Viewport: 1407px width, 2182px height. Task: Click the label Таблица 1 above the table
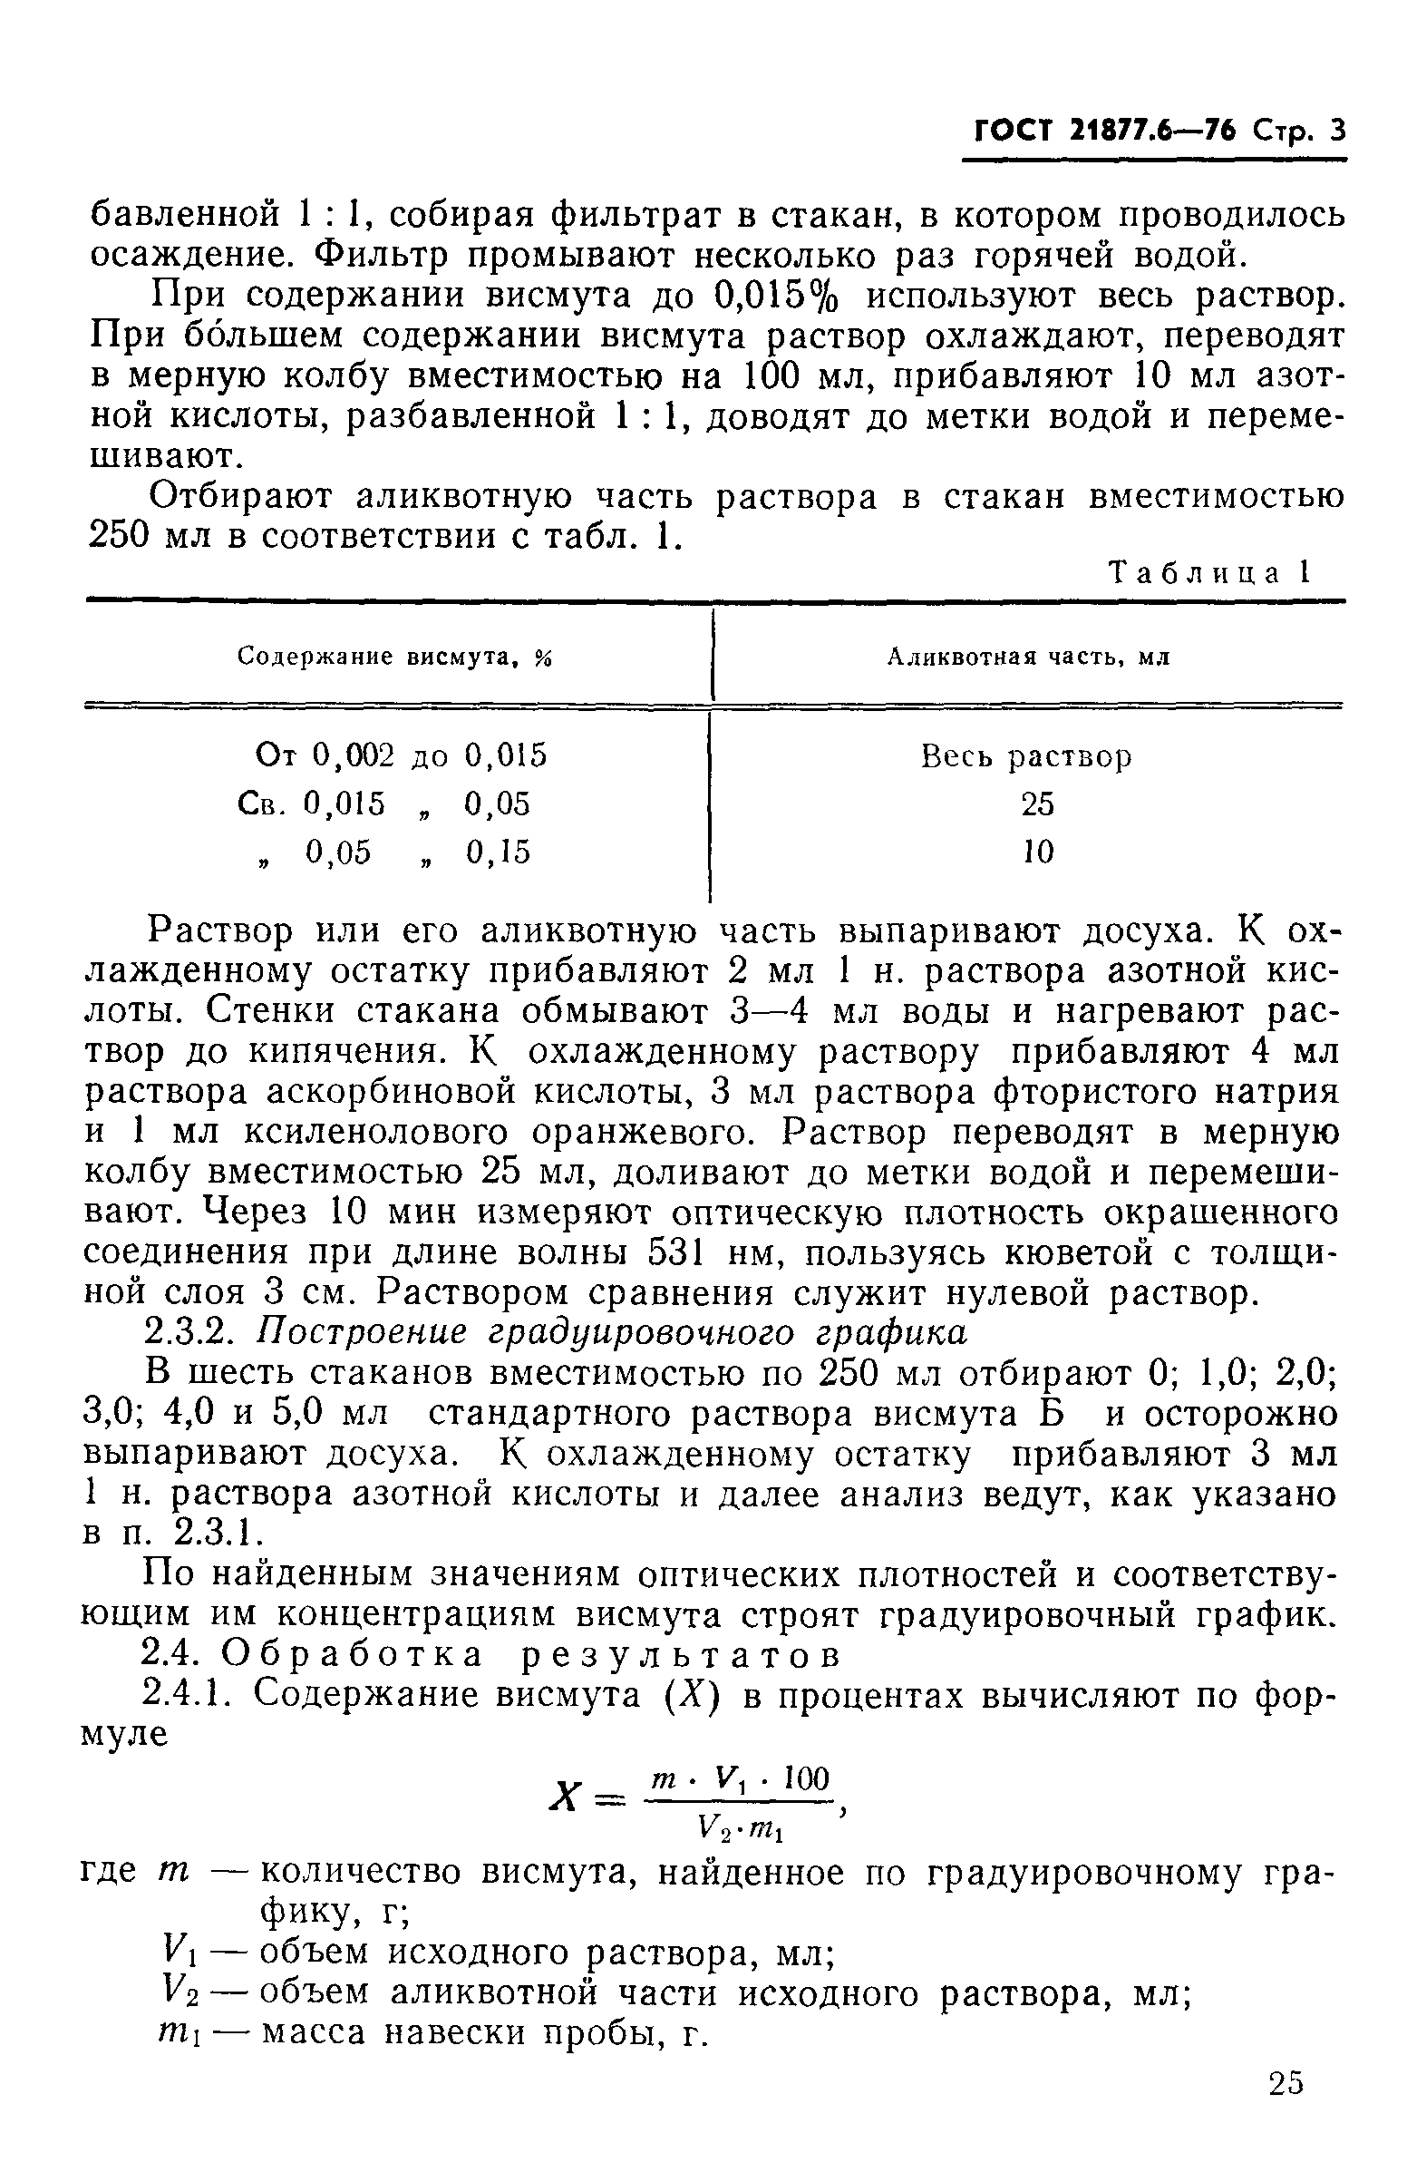point(1209,573)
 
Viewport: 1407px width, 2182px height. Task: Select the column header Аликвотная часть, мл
point(1029,658)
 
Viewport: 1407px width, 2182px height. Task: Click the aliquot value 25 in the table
point(1037,804)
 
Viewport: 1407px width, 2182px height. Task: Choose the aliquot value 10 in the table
point(1037,852)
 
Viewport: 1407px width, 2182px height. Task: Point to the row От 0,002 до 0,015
point(400,755)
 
